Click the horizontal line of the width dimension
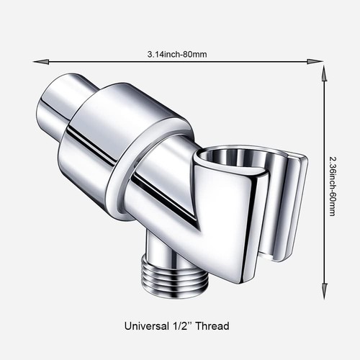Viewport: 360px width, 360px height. pyautogui.click(x=108, y=62)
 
